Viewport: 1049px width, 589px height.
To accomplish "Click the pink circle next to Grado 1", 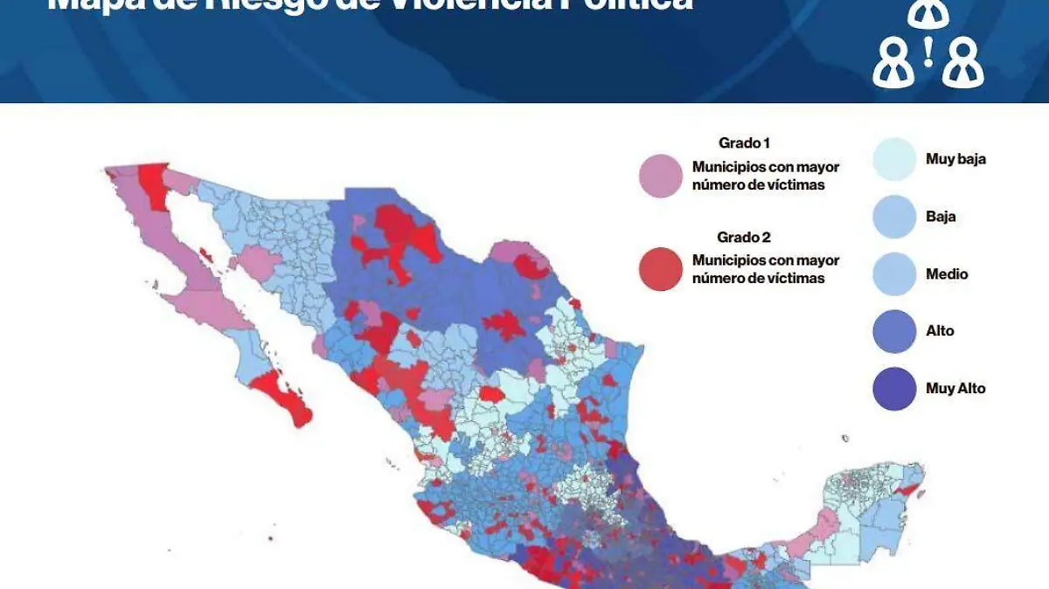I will pos(660,176).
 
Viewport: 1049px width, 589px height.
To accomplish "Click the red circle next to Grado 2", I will pos(660,269).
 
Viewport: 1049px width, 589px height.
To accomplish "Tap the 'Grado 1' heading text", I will pos(744,142).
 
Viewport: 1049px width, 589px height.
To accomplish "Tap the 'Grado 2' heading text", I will pos(744,237).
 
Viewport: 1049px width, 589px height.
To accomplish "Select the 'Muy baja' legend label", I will pos(955,159).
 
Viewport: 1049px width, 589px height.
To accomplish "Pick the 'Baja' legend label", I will pos(941,217).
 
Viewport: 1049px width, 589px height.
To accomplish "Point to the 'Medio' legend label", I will pos(947,274).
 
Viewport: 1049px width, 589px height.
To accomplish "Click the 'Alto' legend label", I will pos(940,330).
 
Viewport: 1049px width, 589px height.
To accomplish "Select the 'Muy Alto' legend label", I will pos(955,388).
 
